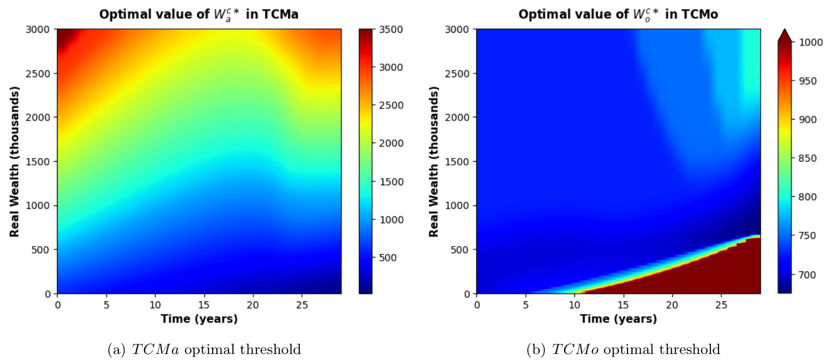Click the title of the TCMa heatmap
coord(199,15)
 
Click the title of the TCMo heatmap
coord(618,15)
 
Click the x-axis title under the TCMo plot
coord(618,319)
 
